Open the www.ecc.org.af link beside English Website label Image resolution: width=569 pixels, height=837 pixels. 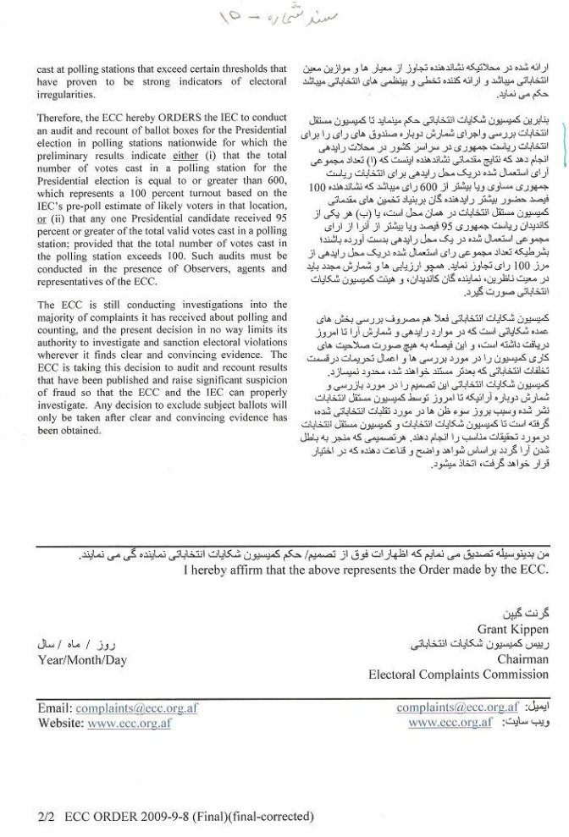[x=130, y=724]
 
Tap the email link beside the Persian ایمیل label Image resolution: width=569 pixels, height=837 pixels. [x=456, y=708]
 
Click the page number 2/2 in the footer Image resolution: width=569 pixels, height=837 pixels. [x=45, y=817]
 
